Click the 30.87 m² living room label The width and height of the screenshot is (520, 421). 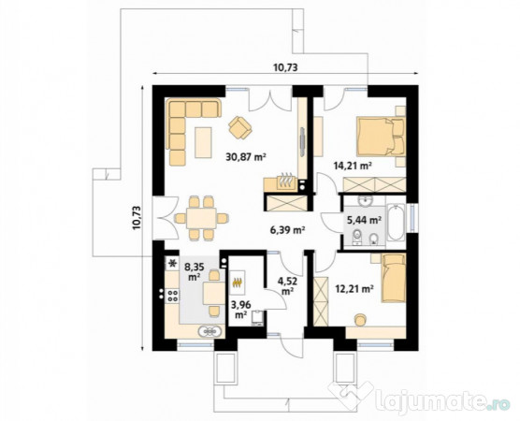coord(246,156)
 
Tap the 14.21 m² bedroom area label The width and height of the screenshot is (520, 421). coord(353,166)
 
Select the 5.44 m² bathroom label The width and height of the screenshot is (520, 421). coord(364,220)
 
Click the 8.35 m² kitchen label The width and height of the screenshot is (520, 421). coord(194,271)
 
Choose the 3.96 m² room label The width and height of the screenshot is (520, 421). coord(240,310)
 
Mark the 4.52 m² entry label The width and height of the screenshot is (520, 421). coord(287,284)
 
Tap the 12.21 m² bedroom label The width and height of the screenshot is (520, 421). coord(354,288)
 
